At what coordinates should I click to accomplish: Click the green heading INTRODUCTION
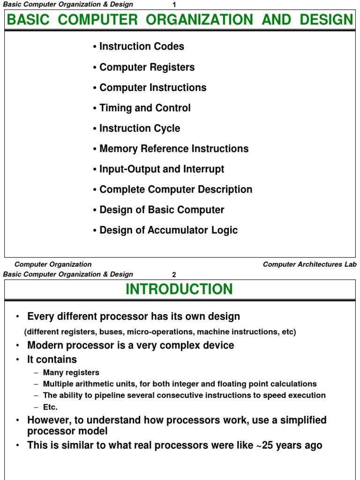[179, 289]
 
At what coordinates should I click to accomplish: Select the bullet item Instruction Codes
[142, 46]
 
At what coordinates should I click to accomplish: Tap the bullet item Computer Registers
[147, 67]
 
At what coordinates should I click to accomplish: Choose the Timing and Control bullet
[145, 108]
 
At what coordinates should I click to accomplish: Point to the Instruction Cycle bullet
[140, 128]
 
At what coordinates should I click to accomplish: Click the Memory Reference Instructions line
[174, 149]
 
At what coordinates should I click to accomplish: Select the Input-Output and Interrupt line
[162, 169]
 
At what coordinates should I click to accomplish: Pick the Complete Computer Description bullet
[176, 189]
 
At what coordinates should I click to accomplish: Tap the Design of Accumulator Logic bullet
[168, 230]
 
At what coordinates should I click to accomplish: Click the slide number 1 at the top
[174, 5]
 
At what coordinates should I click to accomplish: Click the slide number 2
[174, 275]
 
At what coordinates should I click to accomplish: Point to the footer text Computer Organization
[53, 264]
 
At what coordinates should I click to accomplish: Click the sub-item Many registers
[71, 373]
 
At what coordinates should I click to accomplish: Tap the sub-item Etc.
[50, 407]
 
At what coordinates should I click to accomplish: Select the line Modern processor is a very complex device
[130, 345]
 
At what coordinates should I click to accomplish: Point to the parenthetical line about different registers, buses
[160, 332]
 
